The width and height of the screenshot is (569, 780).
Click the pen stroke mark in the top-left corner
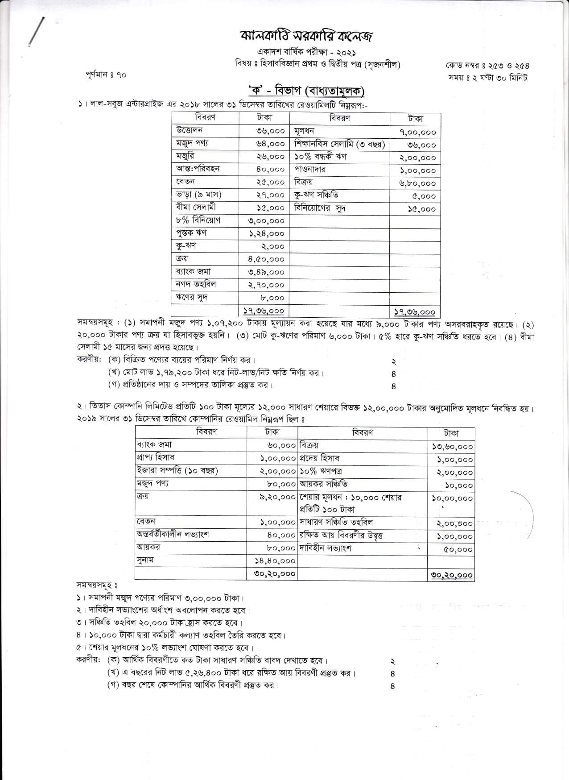(36, 31)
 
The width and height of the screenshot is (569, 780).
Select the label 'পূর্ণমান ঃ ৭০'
(106, 75)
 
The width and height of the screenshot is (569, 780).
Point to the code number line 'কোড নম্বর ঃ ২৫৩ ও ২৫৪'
(487, 66)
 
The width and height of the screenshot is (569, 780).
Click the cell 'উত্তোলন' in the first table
(189, 130)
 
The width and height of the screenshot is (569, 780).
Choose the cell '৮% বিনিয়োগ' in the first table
(198, 220)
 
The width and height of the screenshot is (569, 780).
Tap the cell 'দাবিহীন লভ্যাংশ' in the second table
(326, 548)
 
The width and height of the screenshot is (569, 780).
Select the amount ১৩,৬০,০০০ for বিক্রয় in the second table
(453, 447)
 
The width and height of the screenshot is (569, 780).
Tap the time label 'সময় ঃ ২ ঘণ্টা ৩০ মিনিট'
(488, 78)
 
